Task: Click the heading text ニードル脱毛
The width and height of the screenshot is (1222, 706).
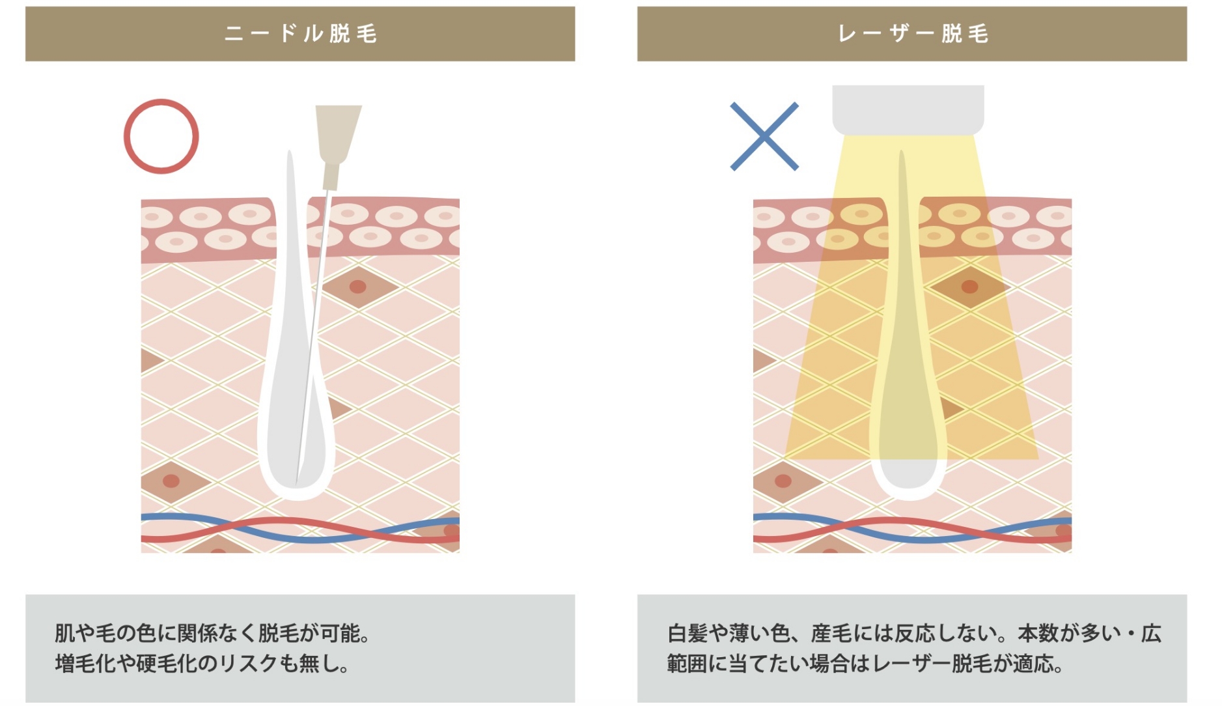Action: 300,34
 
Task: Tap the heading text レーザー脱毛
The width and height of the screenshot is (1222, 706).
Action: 913,34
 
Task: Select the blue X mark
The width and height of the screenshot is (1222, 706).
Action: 764,136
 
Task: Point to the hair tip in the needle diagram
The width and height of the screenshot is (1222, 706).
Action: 290,152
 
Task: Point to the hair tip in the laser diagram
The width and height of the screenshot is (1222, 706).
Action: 902,152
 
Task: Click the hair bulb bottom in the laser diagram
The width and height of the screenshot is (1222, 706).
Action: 908,498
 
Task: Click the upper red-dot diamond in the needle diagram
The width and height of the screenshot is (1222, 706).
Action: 358,287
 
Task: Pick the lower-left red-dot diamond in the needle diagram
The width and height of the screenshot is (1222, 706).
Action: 171,481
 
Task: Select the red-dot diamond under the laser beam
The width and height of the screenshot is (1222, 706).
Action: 970,287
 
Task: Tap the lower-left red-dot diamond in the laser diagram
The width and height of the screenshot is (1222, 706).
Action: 783,481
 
